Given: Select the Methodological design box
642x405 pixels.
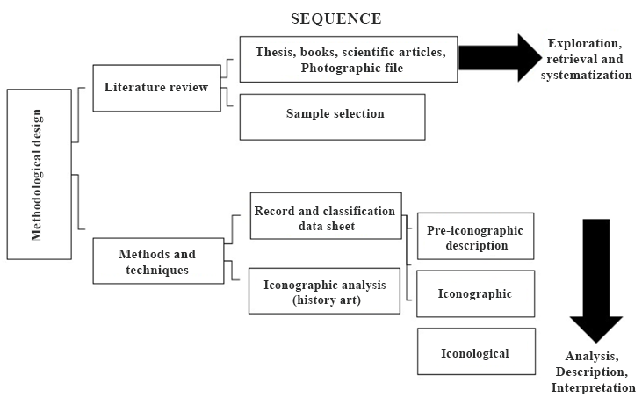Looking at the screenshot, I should (x=39, y=174).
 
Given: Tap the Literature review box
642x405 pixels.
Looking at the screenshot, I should (x=156, y=88).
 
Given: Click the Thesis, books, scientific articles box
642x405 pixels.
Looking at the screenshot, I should (x=349, y=60).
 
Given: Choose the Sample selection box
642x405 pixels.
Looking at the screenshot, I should (x=332, y=115).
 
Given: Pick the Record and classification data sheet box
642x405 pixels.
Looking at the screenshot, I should (x=325, y=216).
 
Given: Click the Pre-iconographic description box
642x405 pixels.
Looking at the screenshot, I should (x=475, y=237).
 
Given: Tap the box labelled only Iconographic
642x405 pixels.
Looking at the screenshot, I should (x=475, y=294).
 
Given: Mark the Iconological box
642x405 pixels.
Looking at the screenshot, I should (x=475, y=352).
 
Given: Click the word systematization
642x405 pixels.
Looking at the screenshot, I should (x=588, y=76).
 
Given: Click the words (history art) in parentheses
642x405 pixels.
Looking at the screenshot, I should (x=325, y=300).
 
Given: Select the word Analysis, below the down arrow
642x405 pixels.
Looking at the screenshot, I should (x=592, y=356).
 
